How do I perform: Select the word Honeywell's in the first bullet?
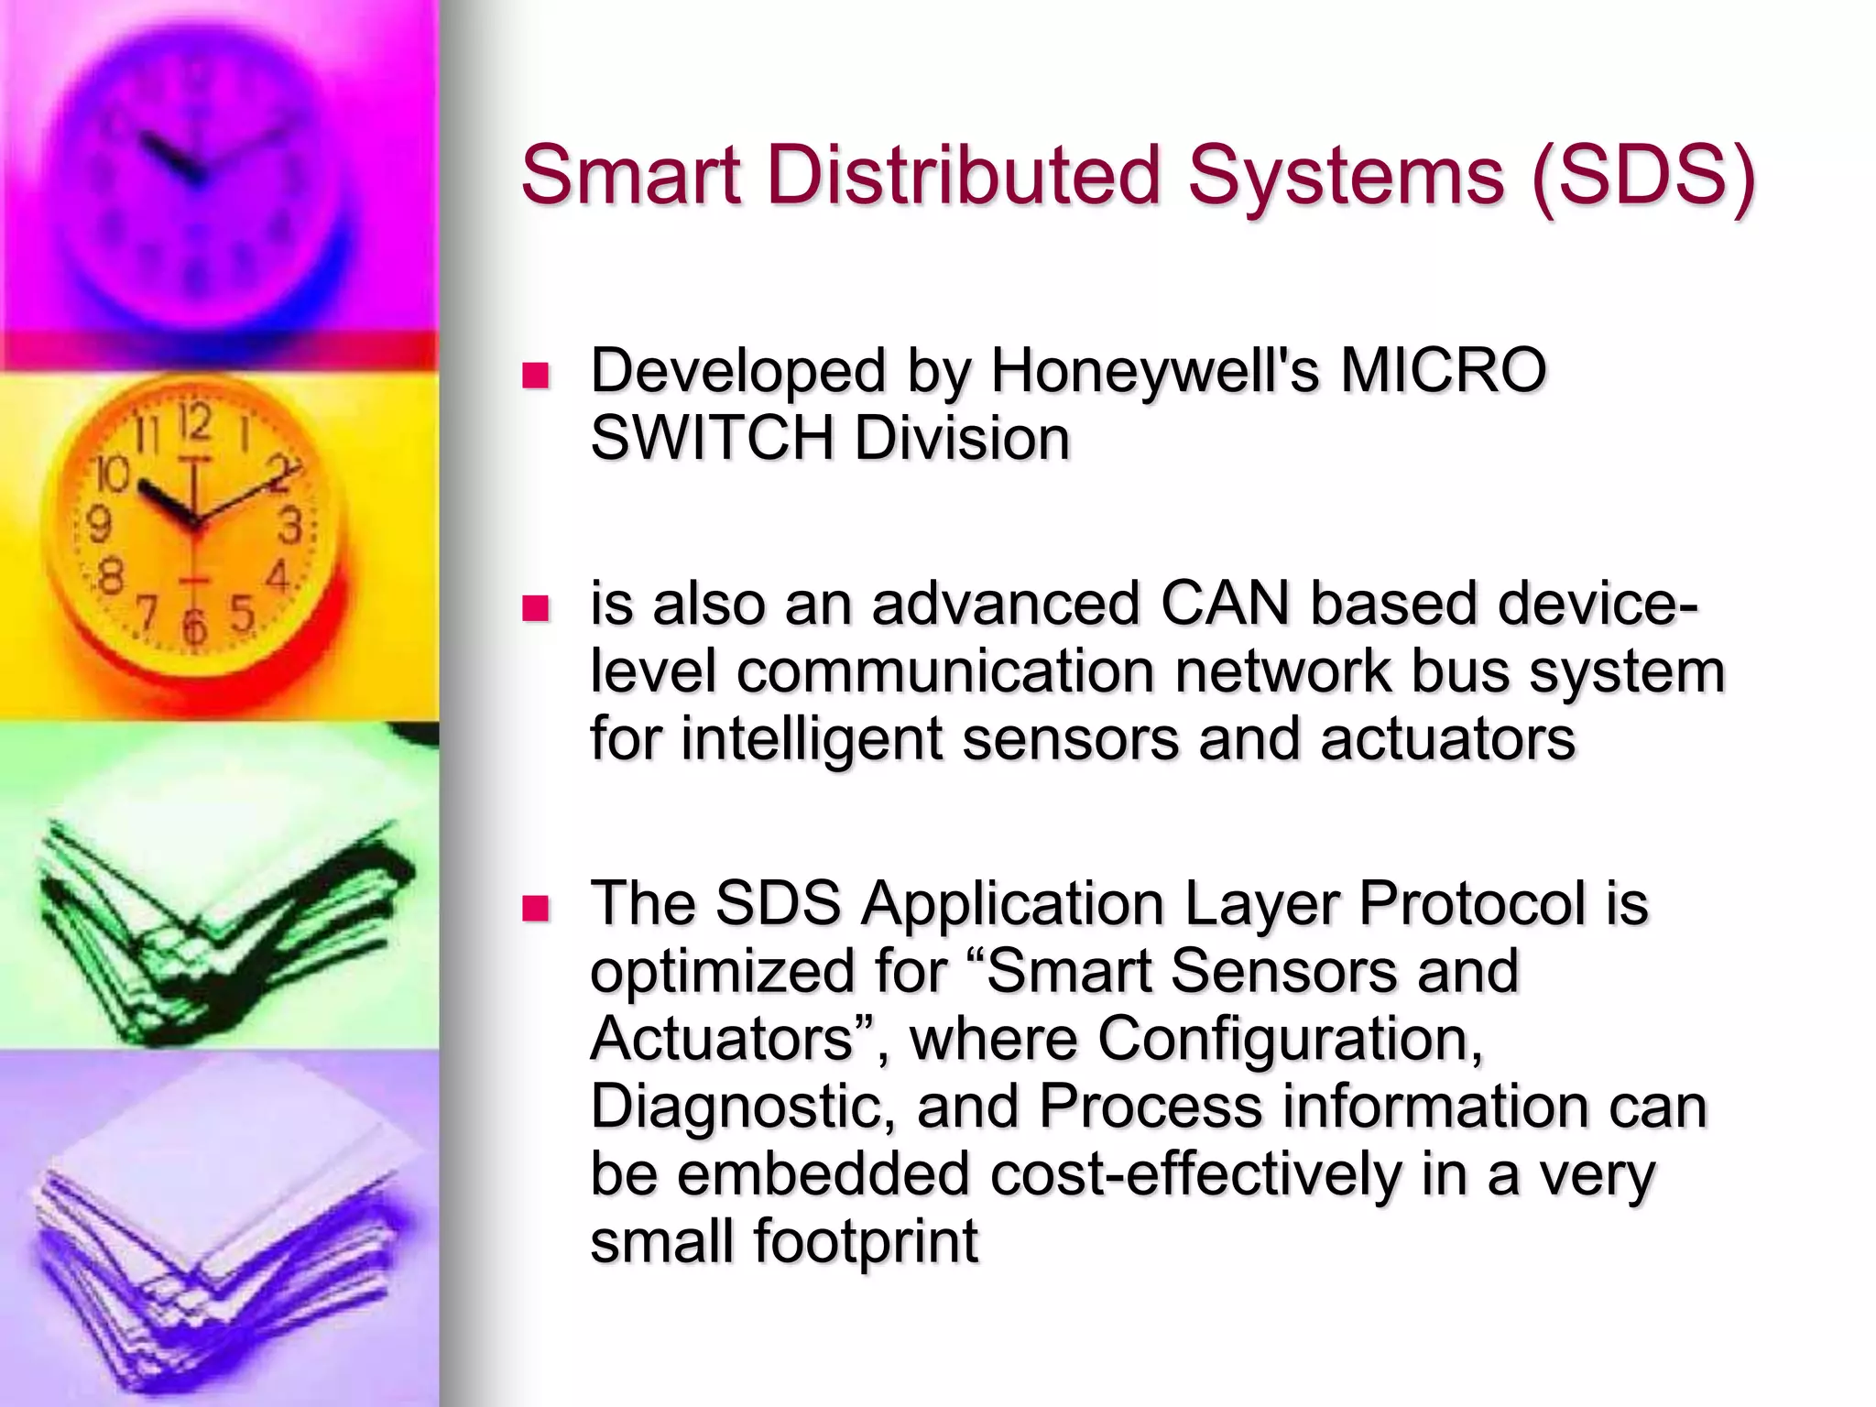pos(1155,370)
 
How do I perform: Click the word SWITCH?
pos(712,438)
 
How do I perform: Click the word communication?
pos(945,671)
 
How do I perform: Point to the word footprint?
pos(866,1241)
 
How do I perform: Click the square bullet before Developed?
pos(535,376)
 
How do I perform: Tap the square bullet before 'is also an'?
pos(535,608)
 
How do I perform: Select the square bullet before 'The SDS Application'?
pos(535,908)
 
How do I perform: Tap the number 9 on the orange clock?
pos(98,525)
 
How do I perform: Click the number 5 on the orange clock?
pos(241,613)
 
